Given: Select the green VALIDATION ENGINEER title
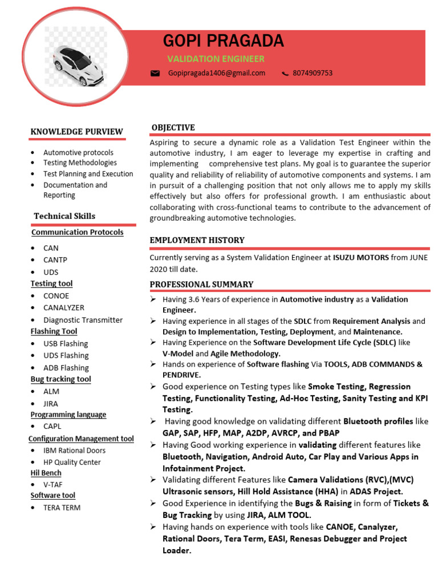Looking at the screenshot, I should tap(216, 59).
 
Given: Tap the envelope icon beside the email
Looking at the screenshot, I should tap(155, 74).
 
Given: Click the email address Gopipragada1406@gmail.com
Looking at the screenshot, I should tap(217, 73).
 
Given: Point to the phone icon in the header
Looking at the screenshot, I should tap(285, 74).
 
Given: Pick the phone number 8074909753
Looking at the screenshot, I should tap(313, 73).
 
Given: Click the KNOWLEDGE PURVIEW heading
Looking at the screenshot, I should tap(76, 132).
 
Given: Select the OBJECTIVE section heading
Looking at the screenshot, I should tap(173, 128).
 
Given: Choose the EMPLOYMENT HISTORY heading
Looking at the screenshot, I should tap(197, 240).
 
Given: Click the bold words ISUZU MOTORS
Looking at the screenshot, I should tap(360, 258).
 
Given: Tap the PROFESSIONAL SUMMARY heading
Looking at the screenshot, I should tap(201, 285).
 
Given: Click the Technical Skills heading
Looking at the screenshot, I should tap(64, 216).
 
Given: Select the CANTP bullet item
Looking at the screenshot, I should tap(55, 260).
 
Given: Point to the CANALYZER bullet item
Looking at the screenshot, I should tap(64, 308).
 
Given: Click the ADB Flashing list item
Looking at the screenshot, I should tap(66, 368).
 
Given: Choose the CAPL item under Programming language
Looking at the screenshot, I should tap(52, 426).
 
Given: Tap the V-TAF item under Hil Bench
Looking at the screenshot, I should tap(53, 484).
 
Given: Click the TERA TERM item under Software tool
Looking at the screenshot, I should tap(62, 508).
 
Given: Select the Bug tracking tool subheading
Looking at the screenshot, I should tap(60, 379).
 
